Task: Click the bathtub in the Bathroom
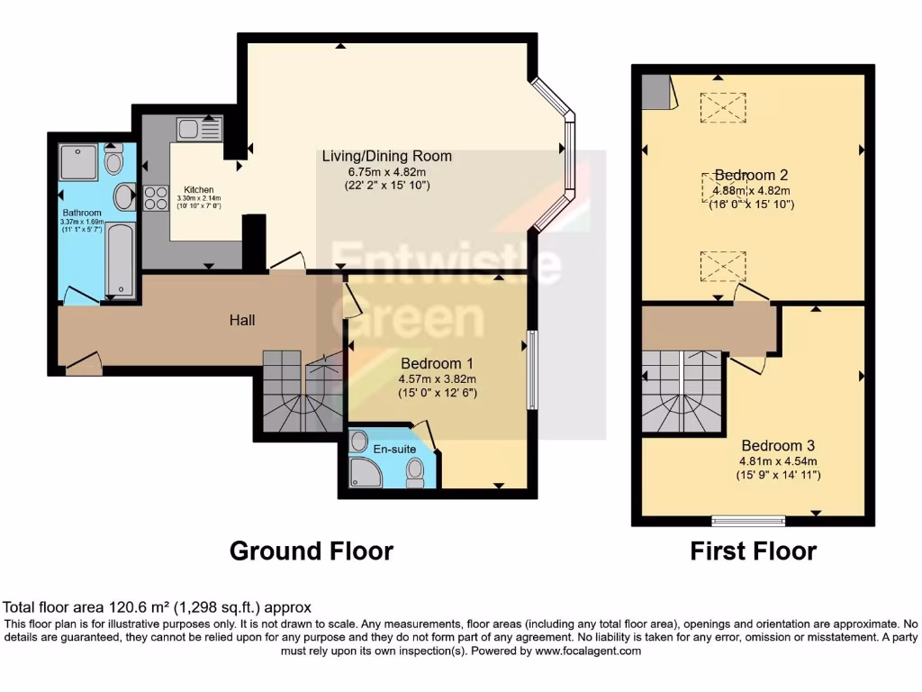point(120,259)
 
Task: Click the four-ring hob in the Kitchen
point(155,196)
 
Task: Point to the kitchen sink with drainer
point(199,129)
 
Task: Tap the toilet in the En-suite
point(415,470)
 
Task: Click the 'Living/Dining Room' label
point(387,156)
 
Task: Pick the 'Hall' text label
point(241,320)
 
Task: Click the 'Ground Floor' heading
point(312,551)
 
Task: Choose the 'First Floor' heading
point(753,551)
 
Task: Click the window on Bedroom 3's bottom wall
point(747,520)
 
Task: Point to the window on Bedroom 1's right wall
point(533,369)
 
